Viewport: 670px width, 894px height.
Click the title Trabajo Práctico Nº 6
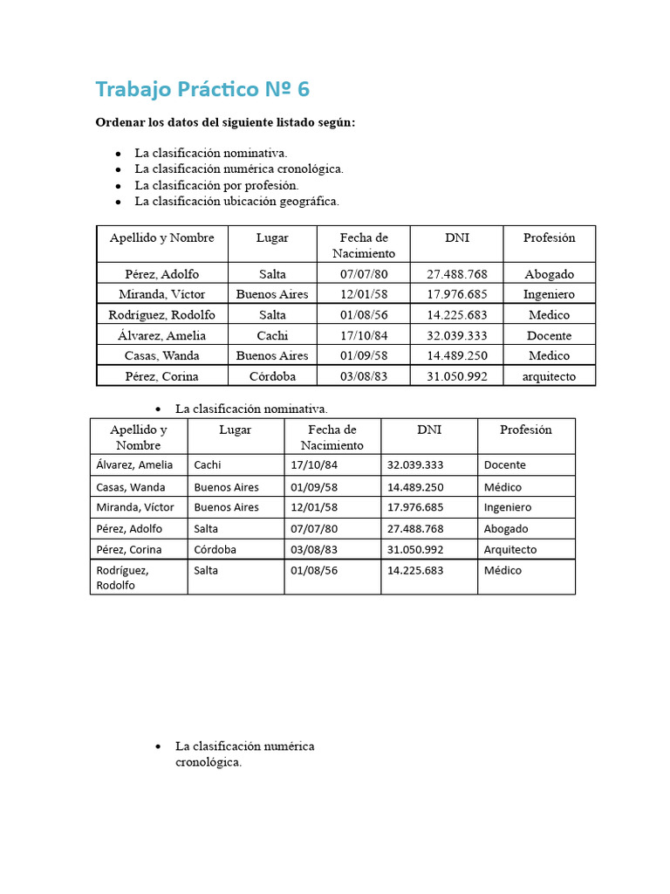click(202, 89)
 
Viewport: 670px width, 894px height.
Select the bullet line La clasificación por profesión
click(216, 185)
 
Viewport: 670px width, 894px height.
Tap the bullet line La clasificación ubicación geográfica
click(236, 201)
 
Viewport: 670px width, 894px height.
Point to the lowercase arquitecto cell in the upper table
click(549, 376)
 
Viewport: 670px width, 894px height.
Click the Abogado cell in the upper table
click(549, 274)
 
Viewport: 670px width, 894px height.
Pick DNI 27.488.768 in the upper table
click(456, 274)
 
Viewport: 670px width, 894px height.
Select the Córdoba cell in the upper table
click(271, 376)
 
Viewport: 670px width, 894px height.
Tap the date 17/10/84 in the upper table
click(363, 335)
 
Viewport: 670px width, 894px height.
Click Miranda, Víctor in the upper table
click(162, 294)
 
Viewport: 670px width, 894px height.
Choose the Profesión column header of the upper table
click(549, 237)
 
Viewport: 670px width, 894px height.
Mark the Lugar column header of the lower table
click(235, 430)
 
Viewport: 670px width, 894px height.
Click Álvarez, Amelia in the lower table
click(134, 465)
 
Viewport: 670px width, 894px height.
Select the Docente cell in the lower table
click(504, 465)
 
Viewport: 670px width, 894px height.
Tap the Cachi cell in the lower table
click(208, 465)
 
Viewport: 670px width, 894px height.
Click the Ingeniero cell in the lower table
click(507, 507)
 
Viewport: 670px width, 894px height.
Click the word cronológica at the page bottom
click(208, 762)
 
